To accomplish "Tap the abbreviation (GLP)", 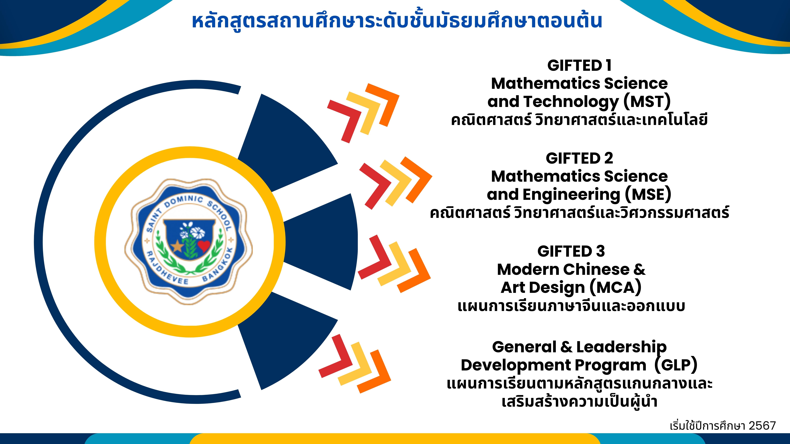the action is (676, 365).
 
